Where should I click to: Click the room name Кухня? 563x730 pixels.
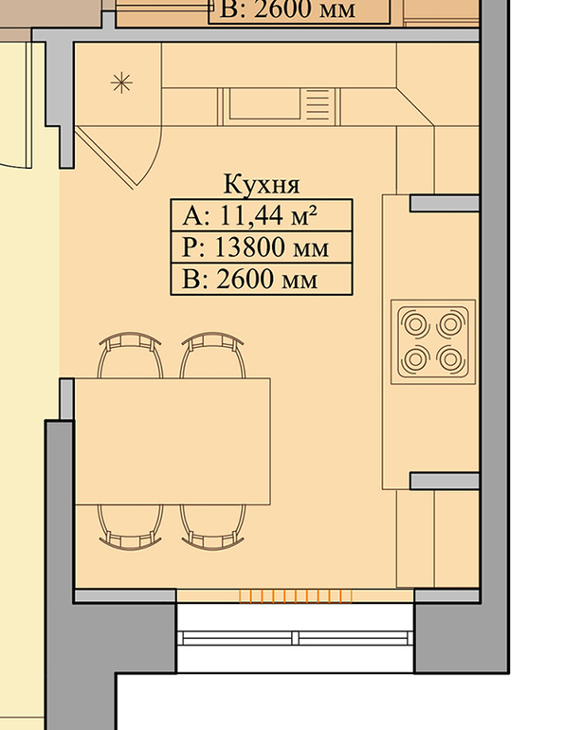[x=262, y=184]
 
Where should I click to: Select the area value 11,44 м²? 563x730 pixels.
[x=267, y=215]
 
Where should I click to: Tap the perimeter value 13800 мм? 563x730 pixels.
[x=271, y=247]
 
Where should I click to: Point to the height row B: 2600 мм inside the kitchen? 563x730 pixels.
[x=250, y=280]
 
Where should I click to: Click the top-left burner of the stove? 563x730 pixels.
[x=415, y=323]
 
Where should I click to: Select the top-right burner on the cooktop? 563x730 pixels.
[x=450, y=323]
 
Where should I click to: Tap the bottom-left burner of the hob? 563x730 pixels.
[x=415, y=358]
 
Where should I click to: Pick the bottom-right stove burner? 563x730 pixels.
[x=450, y=358]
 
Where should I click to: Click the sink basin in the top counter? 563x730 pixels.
[x=264, y=104]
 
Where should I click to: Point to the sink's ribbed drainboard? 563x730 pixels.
[x=318, y=104]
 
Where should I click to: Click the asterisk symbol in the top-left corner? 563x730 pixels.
[x=121, y=83]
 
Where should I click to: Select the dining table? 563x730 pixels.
[x=173, y=442]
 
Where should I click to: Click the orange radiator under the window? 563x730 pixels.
[x=296, y=596]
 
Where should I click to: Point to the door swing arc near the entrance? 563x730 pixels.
[x=154, y=160]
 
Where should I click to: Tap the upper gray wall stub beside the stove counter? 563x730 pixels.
[x=445, y=204]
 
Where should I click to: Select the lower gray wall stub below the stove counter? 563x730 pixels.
[x=445, y=481]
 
